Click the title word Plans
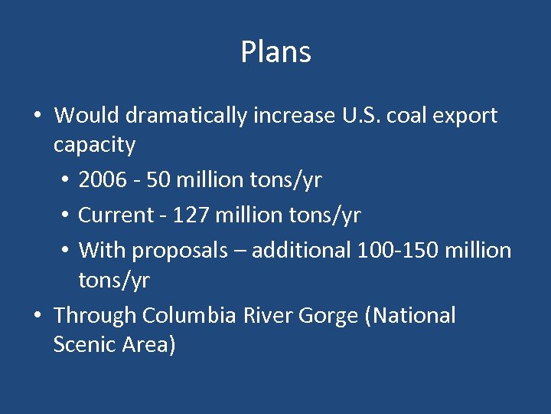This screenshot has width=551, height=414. coord(275,53)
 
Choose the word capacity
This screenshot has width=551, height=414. coord(94,145)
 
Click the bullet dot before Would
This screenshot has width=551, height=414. coord(37,117)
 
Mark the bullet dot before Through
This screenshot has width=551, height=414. coord(37,316)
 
